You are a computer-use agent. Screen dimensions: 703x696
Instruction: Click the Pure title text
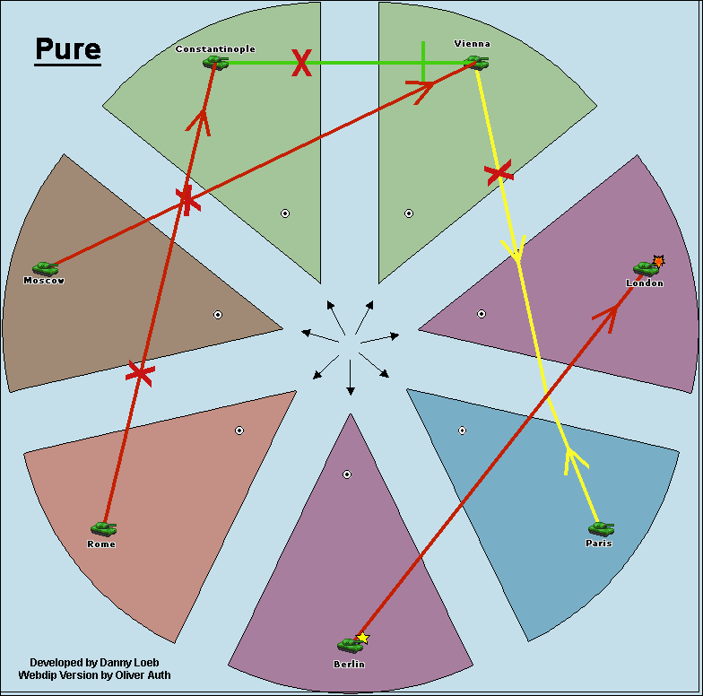pyautogui.click(x=68, y=49)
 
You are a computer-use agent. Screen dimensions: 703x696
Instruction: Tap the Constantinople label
pyautogui.click(x=215, y=48)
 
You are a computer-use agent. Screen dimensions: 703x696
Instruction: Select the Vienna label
pyautogui.click(x=473, y=43)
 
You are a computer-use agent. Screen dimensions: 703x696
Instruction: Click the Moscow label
pyautogui.click(x=44, y=281)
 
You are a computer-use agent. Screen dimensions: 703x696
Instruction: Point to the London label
pyautogui.click(x=645, y=283)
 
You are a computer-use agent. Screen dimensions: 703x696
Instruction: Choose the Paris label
pyautogui.click(x=599, y=543)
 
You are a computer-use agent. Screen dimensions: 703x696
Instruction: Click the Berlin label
pyautogui.click(x=349, y=664)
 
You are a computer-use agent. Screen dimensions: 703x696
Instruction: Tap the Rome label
pyautogui.click(x=101, y=544)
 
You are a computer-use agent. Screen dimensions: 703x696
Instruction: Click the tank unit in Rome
pyautogui.click(x=103, y=528)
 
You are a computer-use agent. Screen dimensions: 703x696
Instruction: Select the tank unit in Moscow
pyautogui.click(x=45, y=267)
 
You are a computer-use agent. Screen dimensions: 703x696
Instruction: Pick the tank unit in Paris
pyautogui.click(x=601, y=528)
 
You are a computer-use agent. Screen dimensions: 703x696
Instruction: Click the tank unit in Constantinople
pyautogui.click(x=215, y=62)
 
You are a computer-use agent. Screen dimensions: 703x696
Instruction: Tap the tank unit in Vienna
pyautogui.click(x=475, y=62)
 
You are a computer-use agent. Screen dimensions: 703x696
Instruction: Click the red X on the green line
pyautogui.click(x=302, y=63)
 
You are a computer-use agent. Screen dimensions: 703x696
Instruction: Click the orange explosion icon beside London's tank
pyautogui.click(x=659, y=261)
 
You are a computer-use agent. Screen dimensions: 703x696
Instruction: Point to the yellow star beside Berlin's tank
pyautogui.click(x=363, y=638)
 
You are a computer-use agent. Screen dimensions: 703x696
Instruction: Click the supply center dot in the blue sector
pyautogui.click(x=462, y=431)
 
